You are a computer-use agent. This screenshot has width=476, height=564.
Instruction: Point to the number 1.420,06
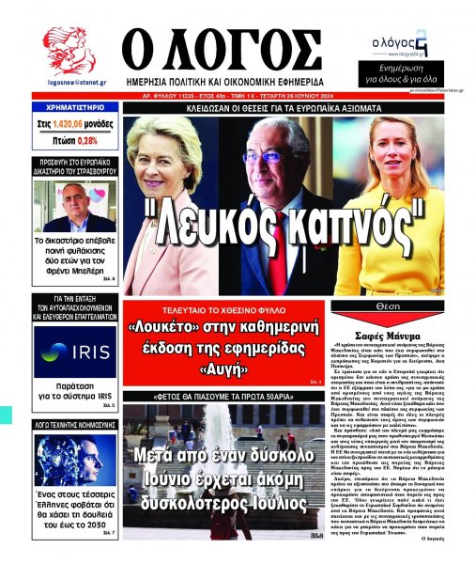point(68,123)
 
